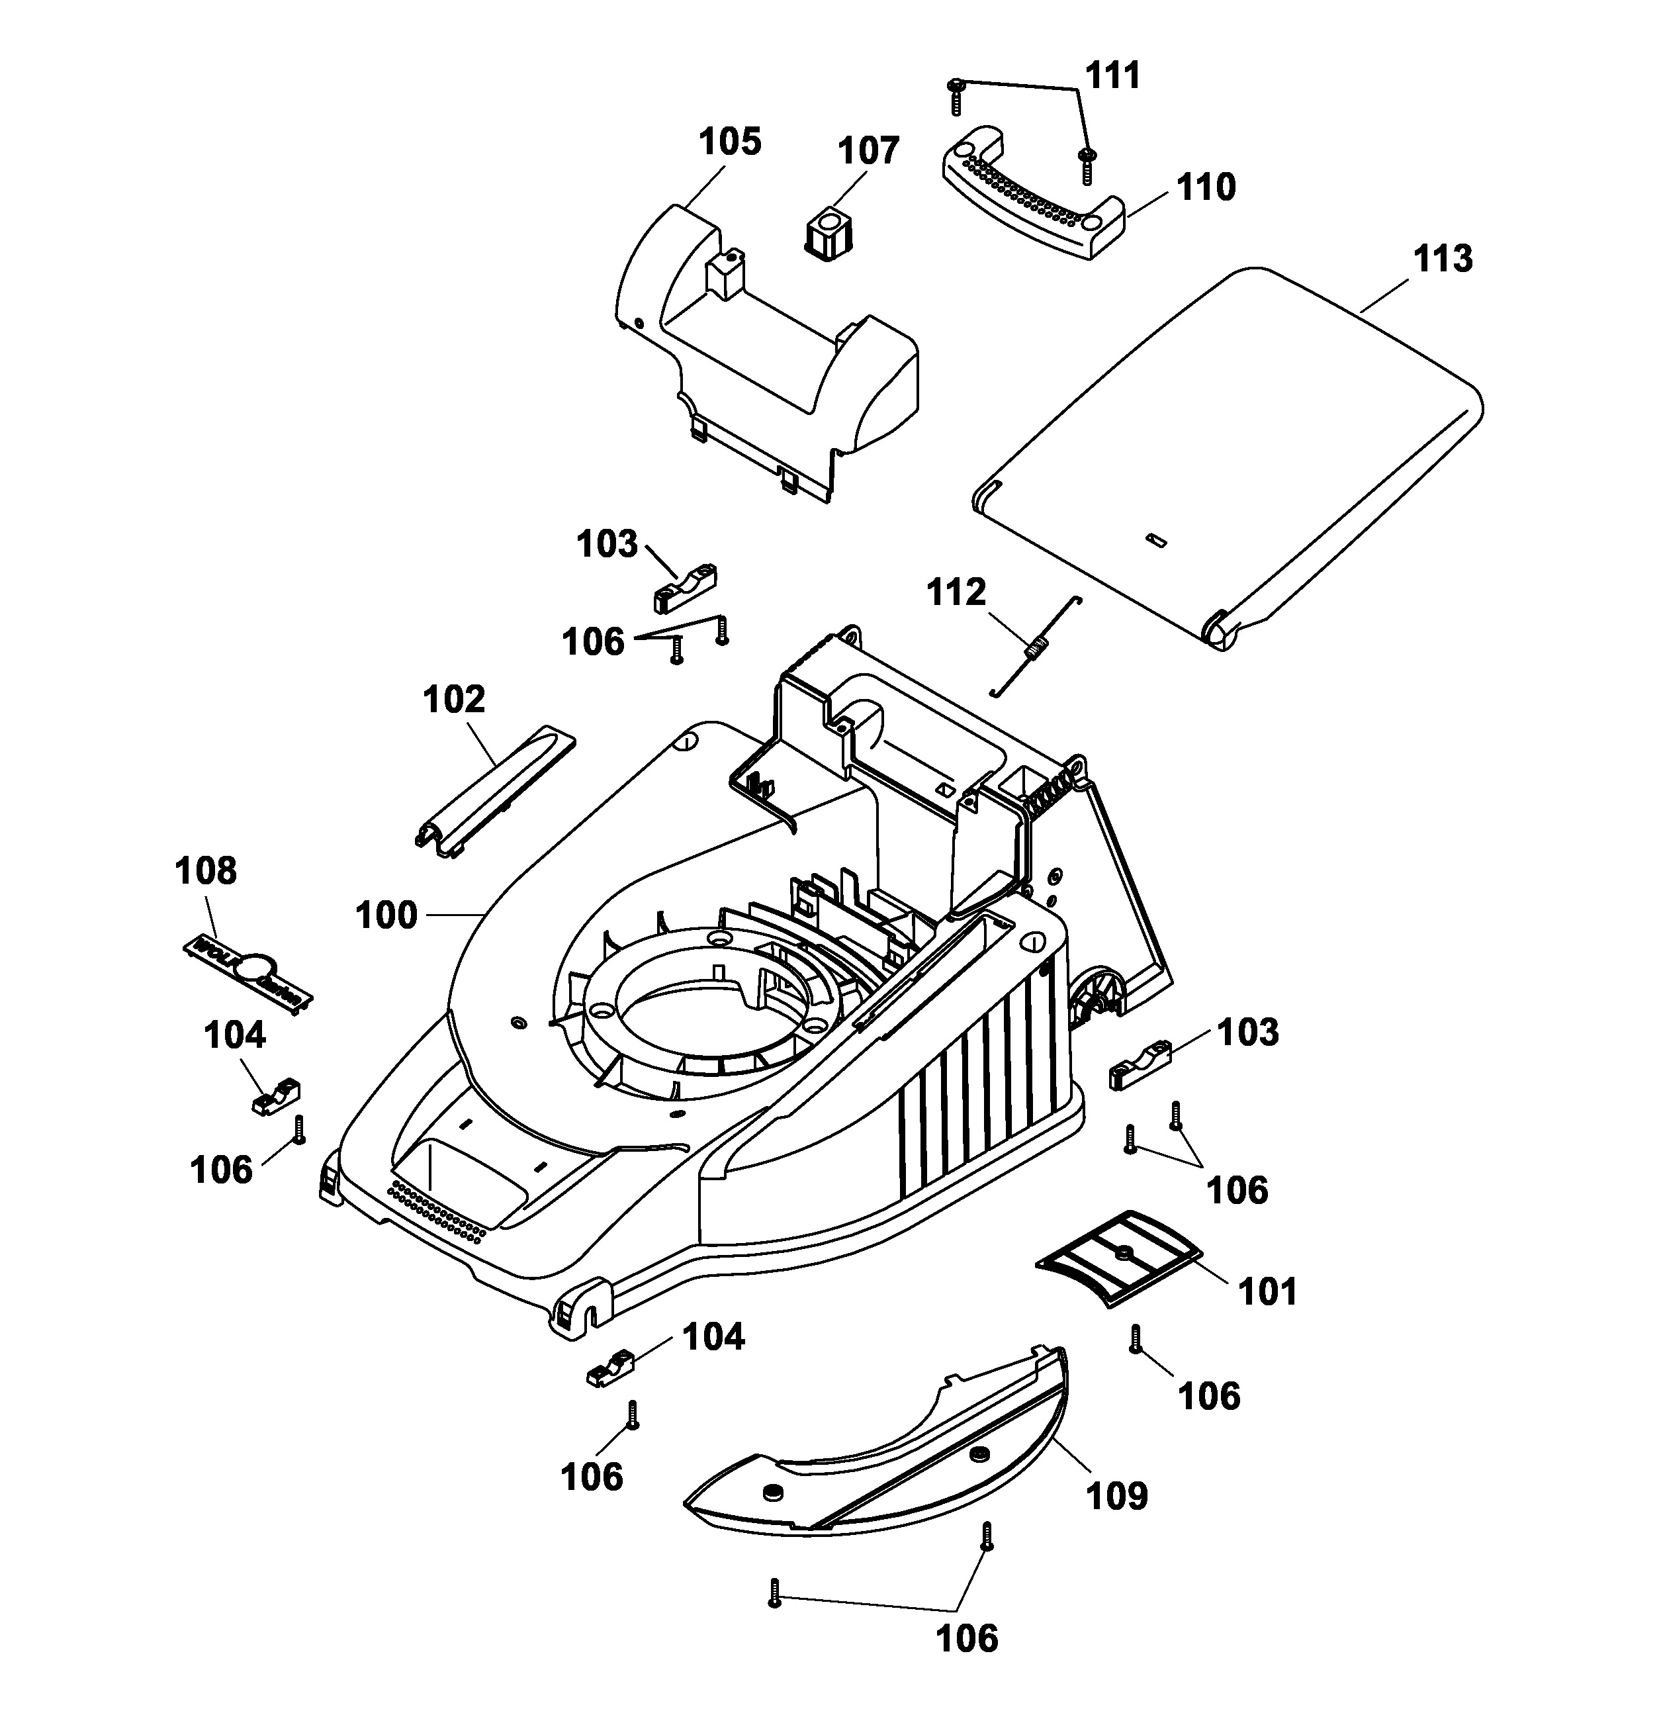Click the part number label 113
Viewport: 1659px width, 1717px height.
click(x=1443, y=259)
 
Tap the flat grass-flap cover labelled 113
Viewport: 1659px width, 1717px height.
click(x=1226, y=455)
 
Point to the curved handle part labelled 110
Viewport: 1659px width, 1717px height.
click(x=1034, y=197)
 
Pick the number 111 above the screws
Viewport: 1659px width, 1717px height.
click(x=1112, y=76)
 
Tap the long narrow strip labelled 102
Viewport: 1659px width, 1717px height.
click(x=495, y=788)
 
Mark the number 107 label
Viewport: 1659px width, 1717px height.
click(x=868, y=151)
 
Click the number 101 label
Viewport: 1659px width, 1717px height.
click(x=1267, y=1291)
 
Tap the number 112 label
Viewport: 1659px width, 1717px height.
click(x=956, y=593)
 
